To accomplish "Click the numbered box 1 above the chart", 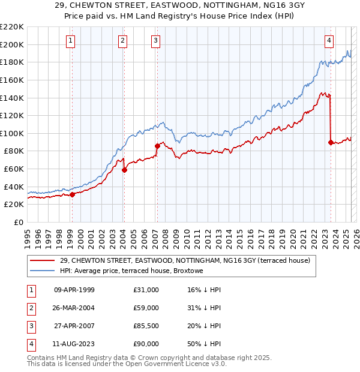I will pos(71,41).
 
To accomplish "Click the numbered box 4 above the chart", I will pos(329,41).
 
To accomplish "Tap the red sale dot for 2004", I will pos(125,170).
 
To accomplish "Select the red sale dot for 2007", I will pos(157,146).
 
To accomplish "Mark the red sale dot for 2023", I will pos(331,142).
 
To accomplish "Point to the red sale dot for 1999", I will pos(72,194).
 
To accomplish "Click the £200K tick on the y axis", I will pos(12,44).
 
